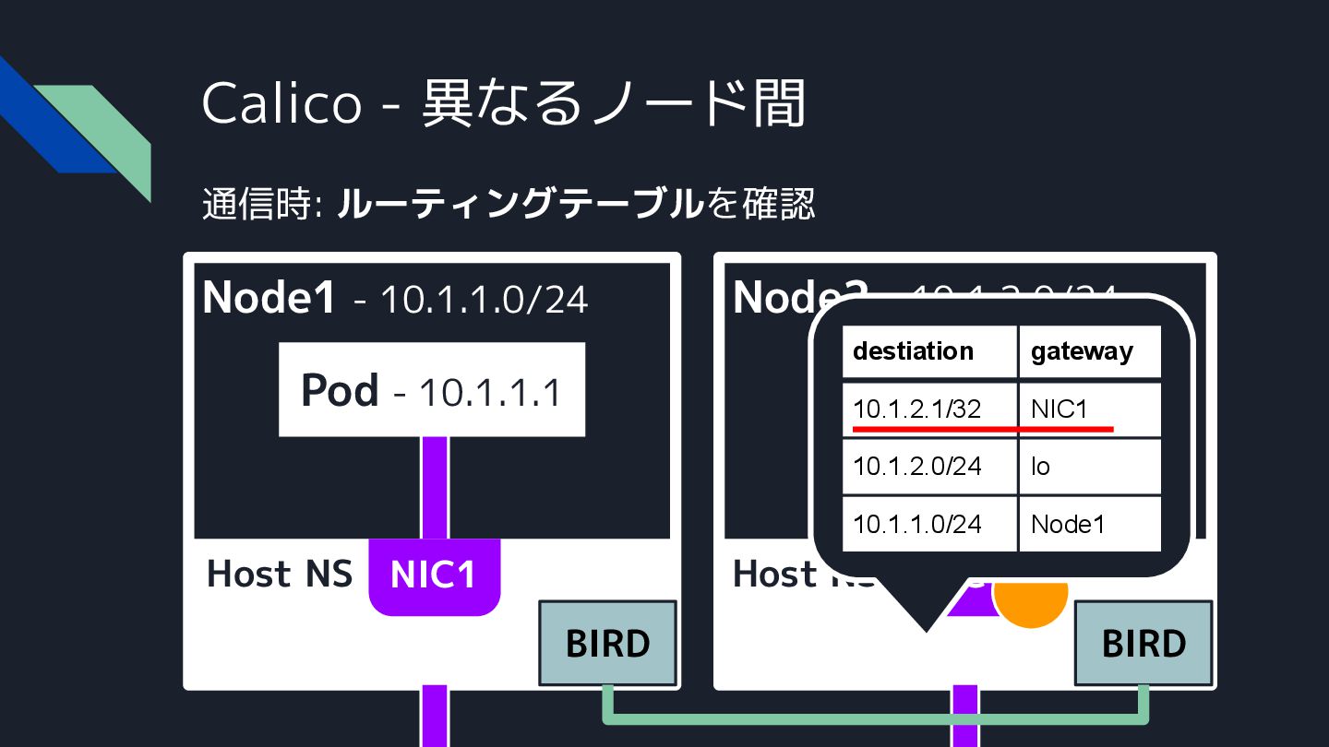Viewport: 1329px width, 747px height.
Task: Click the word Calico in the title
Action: pyautogui.click(x=281, y=102)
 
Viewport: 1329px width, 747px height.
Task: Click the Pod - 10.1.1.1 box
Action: pyautogui.click(x=432, y=390)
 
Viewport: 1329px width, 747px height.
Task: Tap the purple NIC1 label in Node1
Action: pyautogui.click(x=433, y=575)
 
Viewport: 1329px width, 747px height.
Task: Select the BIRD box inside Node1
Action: pyautogui.click(x=607, y=643)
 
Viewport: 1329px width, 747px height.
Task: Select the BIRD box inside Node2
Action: pyautogui.click(x=1143, y=643)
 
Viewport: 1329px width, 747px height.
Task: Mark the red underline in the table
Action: pyautogui.click(x=983, y=429)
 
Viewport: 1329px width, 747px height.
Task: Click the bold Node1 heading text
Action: pyautogui.click(x=269, y=297)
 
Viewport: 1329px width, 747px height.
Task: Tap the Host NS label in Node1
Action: pyautogui.click(x=280, y=574)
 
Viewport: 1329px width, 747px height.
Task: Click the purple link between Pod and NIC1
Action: pyautogui.click(x=435, y=487)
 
